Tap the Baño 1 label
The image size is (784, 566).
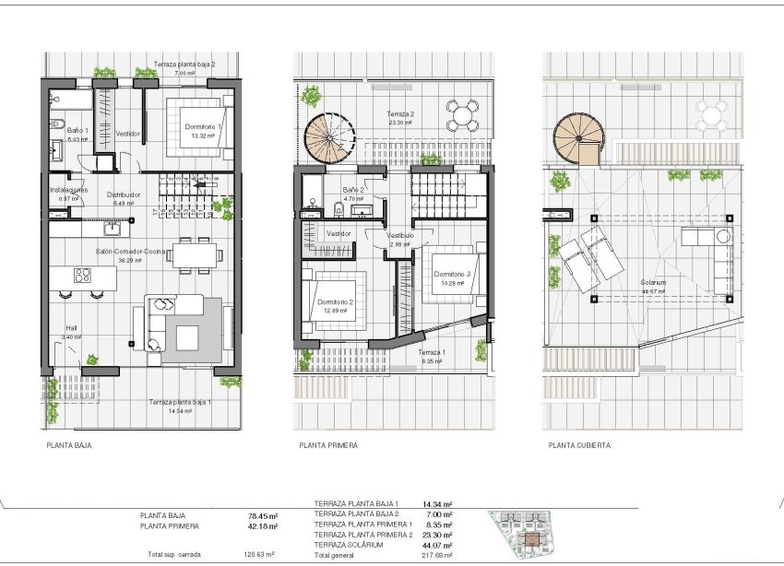(x=76, y=131)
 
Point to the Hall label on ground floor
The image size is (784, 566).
(x=72, y=327)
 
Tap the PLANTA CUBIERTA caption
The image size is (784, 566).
(x=579, y=444)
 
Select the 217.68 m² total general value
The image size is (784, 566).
(x=437, y=555)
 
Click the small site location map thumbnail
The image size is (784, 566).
(x=528, y=533)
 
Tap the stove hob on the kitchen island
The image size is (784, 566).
(x=82, y=274)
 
